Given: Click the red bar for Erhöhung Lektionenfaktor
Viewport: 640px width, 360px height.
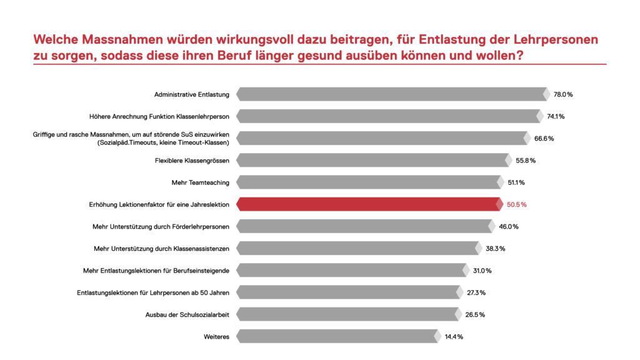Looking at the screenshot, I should [x=369, y=204].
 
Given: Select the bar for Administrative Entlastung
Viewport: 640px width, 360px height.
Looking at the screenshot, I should [x=392, y=94].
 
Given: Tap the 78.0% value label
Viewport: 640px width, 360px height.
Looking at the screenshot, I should [x=563, y=94].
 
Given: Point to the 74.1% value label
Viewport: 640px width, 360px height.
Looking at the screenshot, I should [x=556, y=116].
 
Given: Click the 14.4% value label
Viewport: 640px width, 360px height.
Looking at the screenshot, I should [x=454, y=336].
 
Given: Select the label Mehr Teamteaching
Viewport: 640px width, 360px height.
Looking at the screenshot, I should [x=200, y=182].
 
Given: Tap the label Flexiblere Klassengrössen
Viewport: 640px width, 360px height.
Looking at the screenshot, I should [x=192, y=161].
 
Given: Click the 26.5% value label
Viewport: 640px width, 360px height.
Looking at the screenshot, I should [x=474, y=314].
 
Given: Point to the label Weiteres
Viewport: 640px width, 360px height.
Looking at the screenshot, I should [x=216, y=336].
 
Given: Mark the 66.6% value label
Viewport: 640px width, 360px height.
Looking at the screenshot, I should [x=544, y=138].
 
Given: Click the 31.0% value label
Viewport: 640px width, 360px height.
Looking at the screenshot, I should [x=482, y=271].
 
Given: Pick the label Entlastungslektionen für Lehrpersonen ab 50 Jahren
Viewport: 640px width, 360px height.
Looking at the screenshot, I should [x=153, y=292].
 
